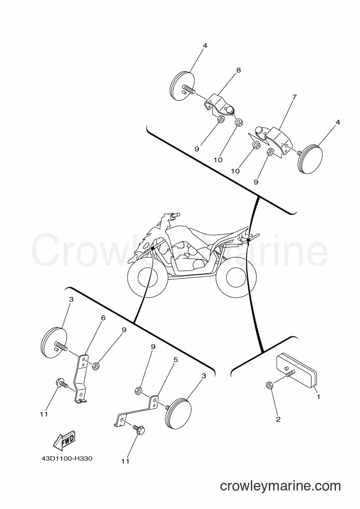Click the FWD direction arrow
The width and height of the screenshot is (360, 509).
64,440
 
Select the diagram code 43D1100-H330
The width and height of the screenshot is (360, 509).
67,459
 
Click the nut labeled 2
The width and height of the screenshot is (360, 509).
269,385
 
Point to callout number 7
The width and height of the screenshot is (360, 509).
294,97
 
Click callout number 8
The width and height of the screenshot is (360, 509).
239,70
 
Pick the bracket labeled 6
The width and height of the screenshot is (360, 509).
81,378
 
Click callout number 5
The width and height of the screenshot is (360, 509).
175,360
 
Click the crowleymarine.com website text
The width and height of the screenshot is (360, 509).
280,486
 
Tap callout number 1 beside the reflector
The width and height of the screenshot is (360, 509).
319,397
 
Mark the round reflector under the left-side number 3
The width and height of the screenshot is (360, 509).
54,343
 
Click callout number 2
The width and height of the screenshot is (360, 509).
278,419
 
